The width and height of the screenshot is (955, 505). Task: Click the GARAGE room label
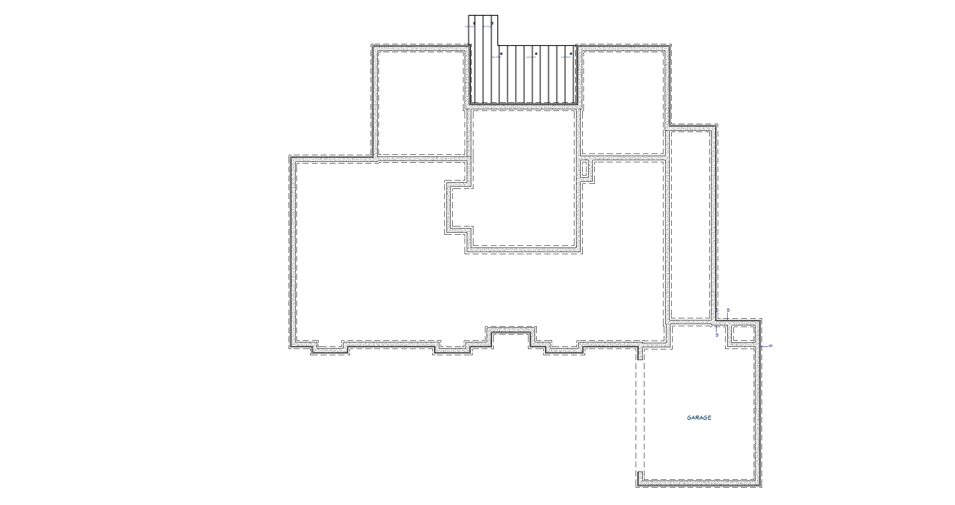(699, 418)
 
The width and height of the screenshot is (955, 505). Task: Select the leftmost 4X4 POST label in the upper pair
(469, 27)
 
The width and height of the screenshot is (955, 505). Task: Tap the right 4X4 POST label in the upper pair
(487, 27)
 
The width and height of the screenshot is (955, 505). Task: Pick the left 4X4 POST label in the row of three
(497, 57)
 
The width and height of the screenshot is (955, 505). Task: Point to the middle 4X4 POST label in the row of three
(531, 57)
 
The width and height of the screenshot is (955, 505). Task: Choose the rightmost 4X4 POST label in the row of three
(566, 57)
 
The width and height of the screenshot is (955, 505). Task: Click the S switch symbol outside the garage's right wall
(770, 346)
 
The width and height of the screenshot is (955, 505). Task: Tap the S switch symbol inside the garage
(717, 335)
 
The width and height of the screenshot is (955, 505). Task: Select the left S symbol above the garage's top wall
(717, 310)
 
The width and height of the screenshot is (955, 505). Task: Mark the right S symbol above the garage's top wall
(728, 310)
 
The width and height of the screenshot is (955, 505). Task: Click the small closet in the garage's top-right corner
(743, 334)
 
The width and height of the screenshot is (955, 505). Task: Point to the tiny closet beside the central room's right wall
(584, 169)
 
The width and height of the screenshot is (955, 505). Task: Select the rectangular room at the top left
(421, 103)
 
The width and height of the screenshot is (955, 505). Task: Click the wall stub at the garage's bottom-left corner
(640, 477)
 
